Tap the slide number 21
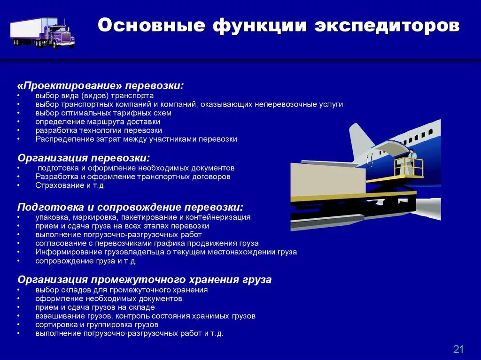pyautogui.click(x=458, y=349)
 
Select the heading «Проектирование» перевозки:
pyautogui.click(x=100, y=86)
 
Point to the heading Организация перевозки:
pyautogui.click(x=84, y=158)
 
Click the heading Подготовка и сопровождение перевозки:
pyautogui.click(x=130, y=207)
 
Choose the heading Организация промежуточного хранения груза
pyautogui.click(x=144, y=280)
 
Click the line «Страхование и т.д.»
pyautogui.click(x=70, y=185)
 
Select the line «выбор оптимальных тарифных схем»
pyautogui.click(x=103, y=113)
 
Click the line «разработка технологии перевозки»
pyautogui.click(x=98, y=130)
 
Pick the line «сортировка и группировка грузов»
pyautogui.click(x=96, y=324)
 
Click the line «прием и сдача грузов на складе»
pyautogui.click(x=94, y=307)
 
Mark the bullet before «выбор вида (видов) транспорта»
pyautogui.click(x=18, y=96)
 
